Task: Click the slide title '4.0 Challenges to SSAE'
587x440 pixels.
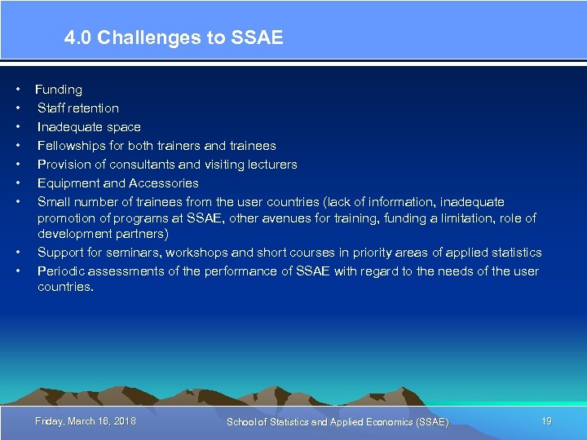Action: (174, 37)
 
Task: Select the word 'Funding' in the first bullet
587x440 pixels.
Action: (59, 90)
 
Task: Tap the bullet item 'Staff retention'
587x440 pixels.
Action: (78, 108)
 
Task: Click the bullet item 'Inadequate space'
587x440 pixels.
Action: (89, 127)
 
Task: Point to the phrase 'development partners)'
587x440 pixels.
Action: (103, 234)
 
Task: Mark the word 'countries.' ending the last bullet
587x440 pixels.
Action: (65, 287)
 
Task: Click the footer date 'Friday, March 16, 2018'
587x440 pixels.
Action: (86, 420)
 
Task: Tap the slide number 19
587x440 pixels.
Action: (546, 420)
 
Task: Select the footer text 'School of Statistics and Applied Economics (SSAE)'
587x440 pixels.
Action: (337, 421)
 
